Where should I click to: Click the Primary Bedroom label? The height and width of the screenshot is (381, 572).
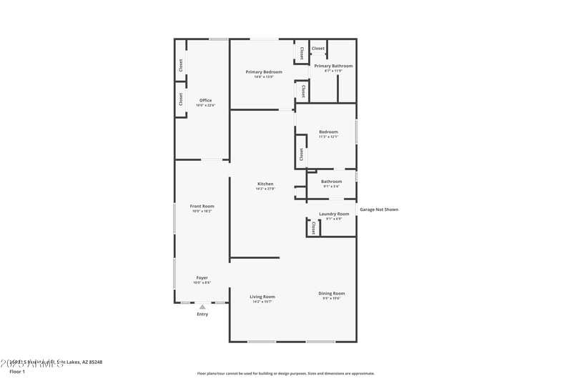coord(264,71)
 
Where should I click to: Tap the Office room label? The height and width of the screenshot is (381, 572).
coord(205,100)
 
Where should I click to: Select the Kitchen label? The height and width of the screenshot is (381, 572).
coord(265,184)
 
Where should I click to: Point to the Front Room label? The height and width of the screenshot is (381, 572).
coord(202,206)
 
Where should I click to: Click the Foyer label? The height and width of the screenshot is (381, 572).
coord(202,277)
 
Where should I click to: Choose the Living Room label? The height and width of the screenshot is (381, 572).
coord(262,297)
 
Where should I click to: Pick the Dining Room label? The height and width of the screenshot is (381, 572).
coord(332,293)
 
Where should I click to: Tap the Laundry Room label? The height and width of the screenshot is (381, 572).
coord(334,214)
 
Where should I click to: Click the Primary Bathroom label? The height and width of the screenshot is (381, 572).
coord(333,66)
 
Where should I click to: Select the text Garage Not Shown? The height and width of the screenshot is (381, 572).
coord(379,209)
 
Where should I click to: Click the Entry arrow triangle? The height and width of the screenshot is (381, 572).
coord(202,307)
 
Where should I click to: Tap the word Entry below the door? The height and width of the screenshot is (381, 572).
coord(202,314)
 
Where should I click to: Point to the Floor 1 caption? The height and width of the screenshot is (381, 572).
coord(17,372)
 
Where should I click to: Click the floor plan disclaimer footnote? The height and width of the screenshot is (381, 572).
coord(286,373)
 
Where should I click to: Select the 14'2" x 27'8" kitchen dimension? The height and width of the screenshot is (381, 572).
coord(265,189)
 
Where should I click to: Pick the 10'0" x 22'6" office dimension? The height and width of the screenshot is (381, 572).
coord(205,105)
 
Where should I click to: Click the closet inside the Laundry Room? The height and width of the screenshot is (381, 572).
coord(313,227)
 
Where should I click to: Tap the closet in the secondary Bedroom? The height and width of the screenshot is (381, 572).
coord(302,154)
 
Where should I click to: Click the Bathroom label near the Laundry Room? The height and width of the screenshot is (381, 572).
coord(331,181)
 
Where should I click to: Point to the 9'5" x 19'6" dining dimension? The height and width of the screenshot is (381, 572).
coord(332,298)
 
